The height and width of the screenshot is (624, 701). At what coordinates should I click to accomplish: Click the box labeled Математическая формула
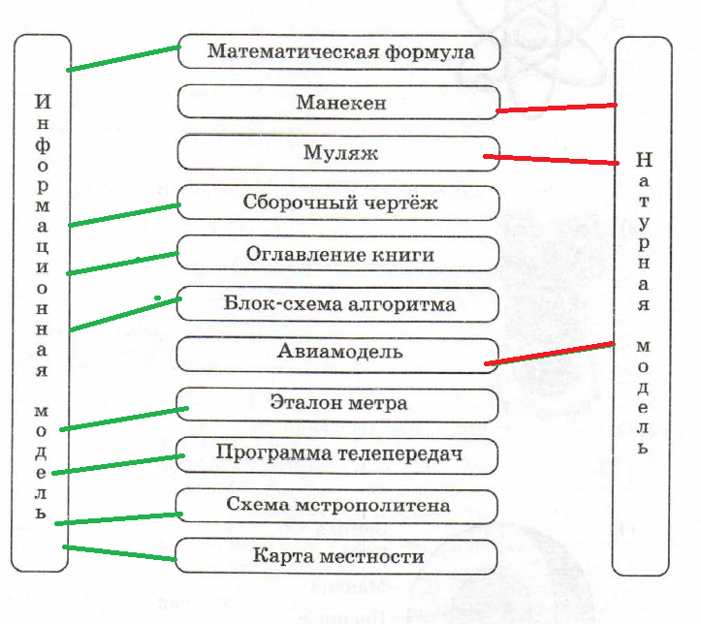(339, 51)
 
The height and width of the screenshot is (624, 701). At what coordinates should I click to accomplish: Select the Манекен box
(339, 102)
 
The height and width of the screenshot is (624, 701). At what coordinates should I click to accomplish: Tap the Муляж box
(339, 152)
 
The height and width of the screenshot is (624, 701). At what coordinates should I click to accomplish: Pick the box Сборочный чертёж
(339, 203)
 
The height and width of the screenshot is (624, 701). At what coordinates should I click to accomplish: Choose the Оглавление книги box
(339, 254)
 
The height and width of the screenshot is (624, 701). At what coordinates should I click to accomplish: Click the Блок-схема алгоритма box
(339, 304)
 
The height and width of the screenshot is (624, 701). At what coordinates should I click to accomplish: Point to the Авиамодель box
(339, 352)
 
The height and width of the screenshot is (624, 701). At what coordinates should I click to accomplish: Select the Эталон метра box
(339, 402)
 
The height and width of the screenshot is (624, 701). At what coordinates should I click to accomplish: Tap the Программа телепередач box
(339, 452)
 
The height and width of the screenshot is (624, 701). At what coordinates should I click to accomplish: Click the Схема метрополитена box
(339, 505)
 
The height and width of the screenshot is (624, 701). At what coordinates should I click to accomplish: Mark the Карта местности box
(339, 556)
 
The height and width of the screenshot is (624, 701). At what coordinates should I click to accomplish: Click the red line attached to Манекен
(556, 108)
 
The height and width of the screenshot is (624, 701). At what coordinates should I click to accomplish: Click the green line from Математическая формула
(124, 57)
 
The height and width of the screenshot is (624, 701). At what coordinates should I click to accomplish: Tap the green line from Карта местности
(118, 552)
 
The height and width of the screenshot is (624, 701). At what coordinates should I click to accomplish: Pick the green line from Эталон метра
(124, 419)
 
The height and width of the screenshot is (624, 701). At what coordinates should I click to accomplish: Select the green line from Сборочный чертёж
(124, 214)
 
